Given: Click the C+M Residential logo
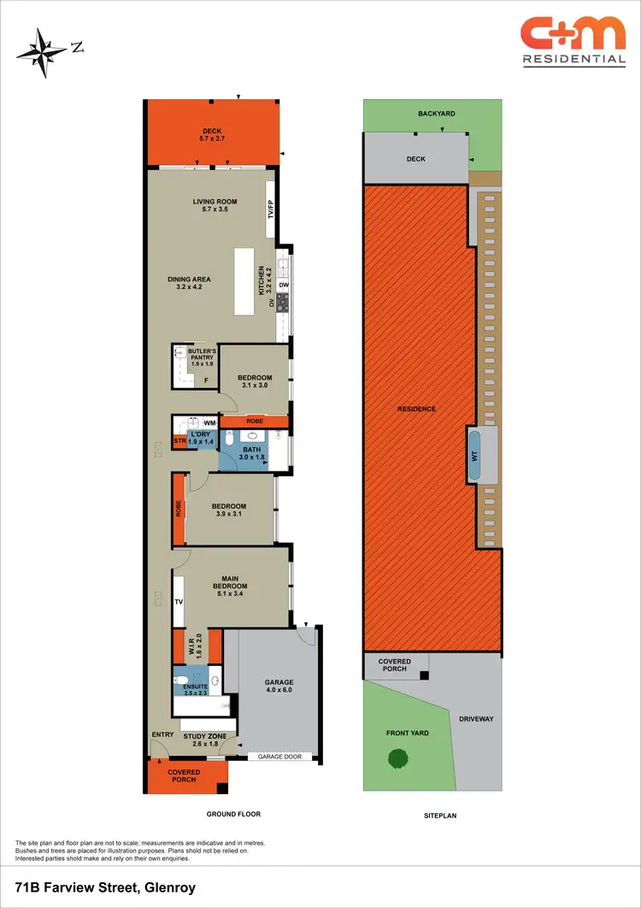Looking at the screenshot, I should click(573, 41).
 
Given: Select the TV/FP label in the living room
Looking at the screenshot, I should click(270, 209).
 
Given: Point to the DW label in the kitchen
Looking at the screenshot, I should click(283, 286).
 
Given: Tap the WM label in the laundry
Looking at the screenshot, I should click(209, 422).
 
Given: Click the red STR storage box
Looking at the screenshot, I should click(179, 441).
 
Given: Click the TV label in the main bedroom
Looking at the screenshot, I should click(179, 602).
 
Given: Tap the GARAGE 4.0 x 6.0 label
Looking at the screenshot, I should click(279, 684).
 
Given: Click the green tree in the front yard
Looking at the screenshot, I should click(397, 758).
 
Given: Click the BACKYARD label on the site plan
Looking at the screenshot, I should click(436, 114).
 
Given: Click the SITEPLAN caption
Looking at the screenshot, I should click(440, 816).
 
